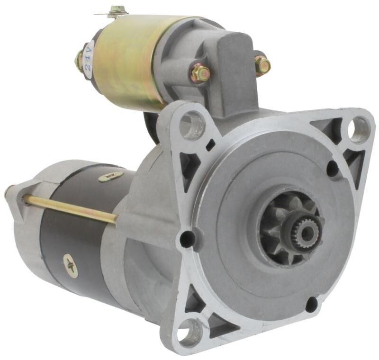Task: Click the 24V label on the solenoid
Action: pyautogui.click(x=89, y=57)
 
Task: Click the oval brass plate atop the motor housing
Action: pyautogui.click(x=111, y=177)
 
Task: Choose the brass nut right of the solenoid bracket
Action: pyautogui.click(x=262, y=65)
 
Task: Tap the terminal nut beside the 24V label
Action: pyautogui.click(x=79, y=60)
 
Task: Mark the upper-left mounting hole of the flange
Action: pyautogui.click(x=192, y=125)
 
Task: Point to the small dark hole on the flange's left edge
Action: pyautogui.click(x=187, y=239)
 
